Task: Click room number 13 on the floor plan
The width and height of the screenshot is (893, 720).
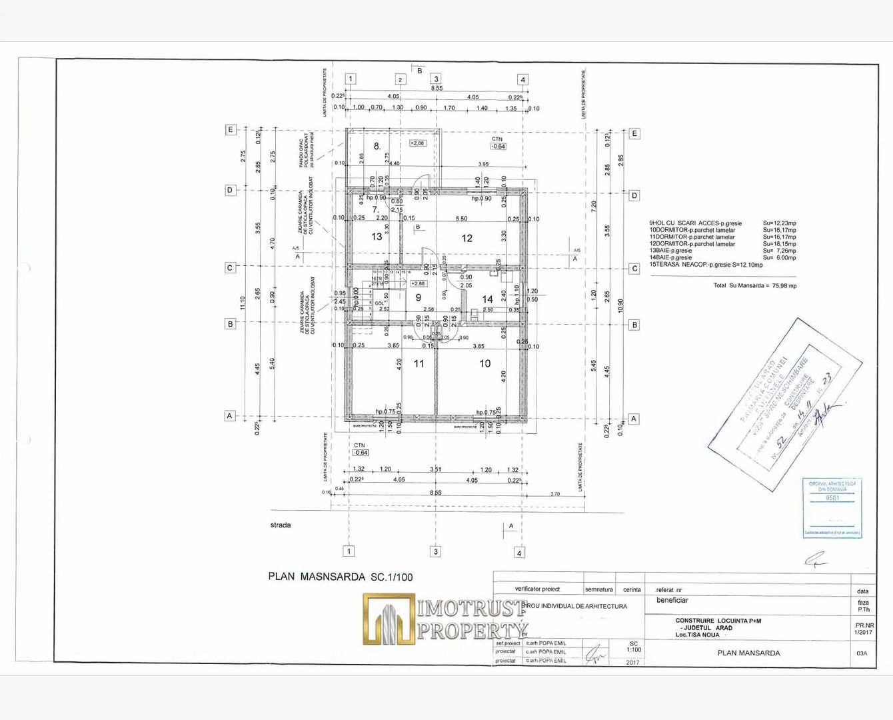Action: click(x=377, y=237)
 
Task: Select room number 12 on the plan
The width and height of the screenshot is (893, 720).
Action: click(x=466, y=238)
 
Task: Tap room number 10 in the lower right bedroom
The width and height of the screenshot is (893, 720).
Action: click(x=484, y=363)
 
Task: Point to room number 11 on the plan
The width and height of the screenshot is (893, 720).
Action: click(x=419, y=363)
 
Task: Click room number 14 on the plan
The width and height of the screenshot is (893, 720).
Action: click(x=487, y=299)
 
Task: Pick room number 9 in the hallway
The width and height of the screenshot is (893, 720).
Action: click(x=419, y=298)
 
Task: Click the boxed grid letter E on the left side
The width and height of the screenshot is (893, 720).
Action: click(x=231, y=129)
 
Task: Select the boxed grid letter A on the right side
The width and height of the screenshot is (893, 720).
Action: click(x=634, y=419)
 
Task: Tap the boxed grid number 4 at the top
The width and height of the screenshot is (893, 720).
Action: click(x=522, y=79)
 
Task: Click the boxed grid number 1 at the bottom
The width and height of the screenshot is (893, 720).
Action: click(x=349, y=551)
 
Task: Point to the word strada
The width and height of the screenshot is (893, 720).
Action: click(x=281, y=525)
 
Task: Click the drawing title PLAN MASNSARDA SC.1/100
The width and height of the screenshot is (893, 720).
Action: click(x=340, y=577)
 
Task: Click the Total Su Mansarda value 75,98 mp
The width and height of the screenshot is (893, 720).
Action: click(x=783, y=285)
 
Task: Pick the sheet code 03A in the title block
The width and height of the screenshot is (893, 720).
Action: click(x=862, y=653)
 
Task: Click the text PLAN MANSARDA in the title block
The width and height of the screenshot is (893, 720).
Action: click(x=748, y=653)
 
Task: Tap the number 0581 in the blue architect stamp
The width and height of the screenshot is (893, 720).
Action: click(x=832, y=497)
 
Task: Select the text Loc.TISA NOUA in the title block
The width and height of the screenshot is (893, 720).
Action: click(x=697, y=635)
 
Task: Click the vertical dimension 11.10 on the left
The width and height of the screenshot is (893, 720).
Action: click(x=243, y=303)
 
